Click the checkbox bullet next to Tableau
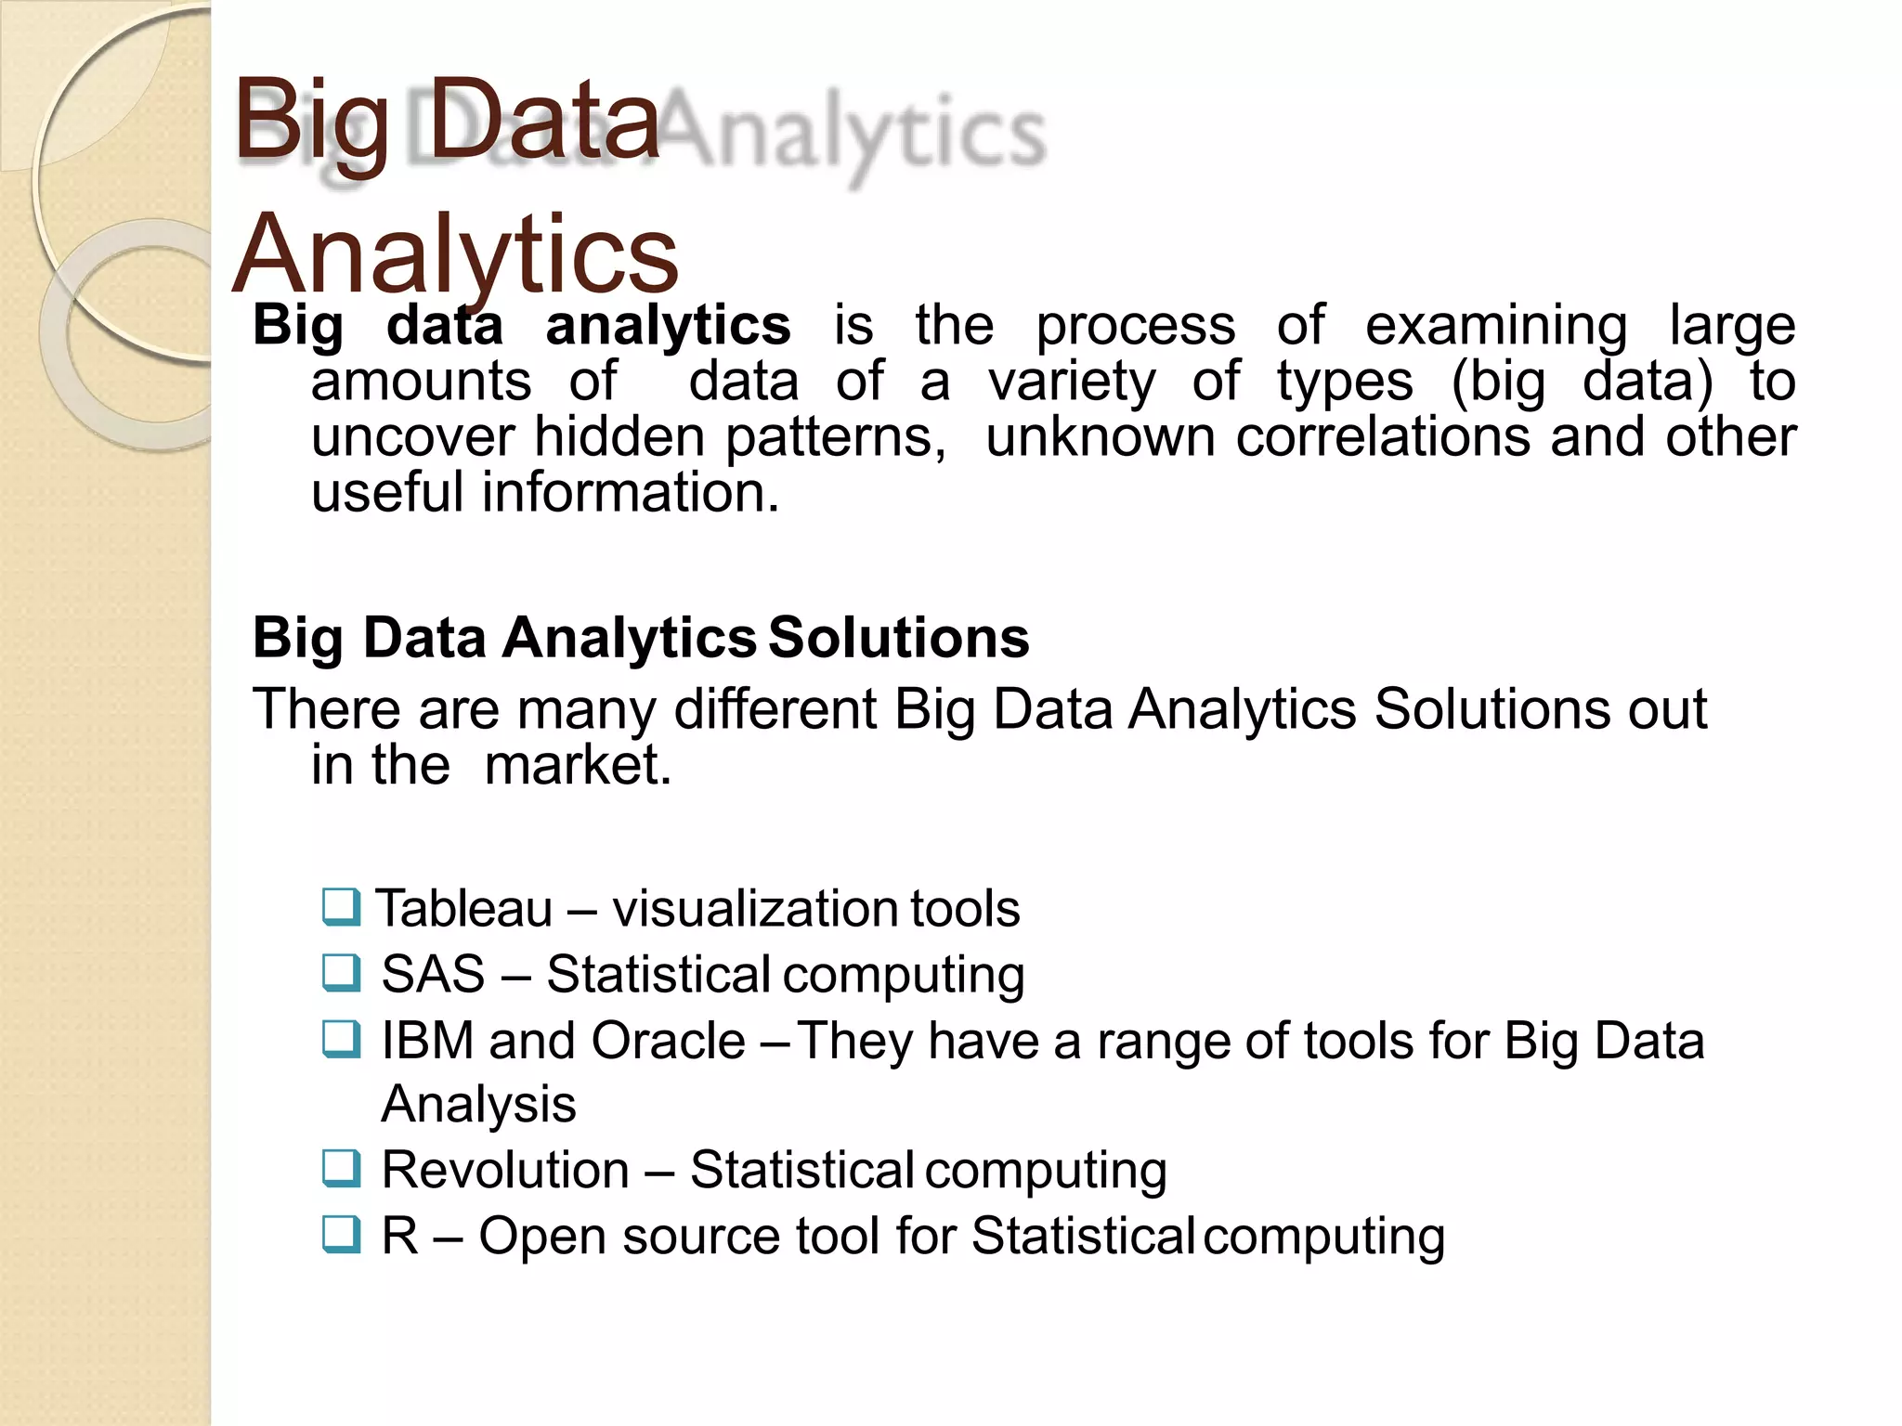(x=341, y=907)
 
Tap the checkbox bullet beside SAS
(x=341, y=973)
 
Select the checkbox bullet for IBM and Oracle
(x=341, y=1039)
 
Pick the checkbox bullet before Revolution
(x=341, y=1168)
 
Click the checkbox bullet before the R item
(x=341, y=1235)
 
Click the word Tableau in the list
(x=464, y=908)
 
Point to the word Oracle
(x=668, y=1041)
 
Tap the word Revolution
(x=505, y=1170)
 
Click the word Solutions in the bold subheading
(x=898, y=638)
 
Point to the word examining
(x=1495, y=327)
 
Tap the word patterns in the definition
(x=835, y=438)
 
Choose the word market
(x=577, y=766)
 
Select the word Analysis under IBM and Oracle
(x=478, y=1105)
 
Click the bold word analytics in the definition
(x=668, y=327)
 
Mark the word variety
(x=1072, y=382)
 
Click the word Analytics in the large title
(x=455, y=253)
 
